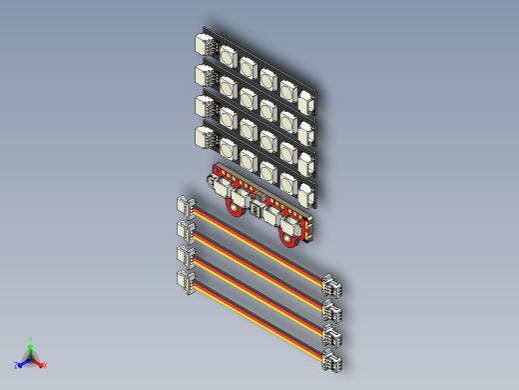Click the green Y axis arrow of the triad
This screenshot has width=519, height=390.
31,343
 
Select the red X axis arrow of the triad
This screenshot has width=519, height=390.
41,364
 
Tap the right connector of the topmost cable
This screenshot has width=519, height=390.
331,288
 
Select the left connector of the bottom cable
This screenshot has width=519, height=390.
186,281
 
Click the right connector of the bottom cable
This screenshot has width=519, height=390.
331,362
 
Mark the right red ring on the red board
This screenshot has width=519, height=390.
289,237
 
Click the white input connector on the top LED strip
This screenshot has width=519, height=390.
207,45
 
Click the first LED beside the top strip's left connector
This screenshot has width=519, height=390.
228,57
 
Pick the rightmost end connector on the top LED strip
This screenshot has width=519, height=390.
307,101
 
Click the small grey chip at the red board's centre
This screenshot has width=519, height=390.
257,210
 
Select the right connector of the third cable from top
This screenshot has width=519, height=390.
331,337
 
